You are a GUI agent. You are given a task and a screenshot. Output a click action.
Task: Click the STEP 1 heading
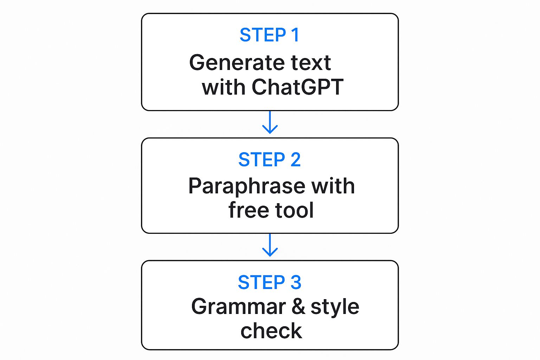pyautogui.click(x=269, y=35)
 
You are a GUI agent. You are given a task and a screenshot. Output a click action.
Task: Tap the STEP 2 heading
pyautogui.click(x=269, y=160)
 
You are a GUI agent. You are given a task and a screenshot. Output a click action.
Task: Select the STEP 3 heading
pyautogui.click(x=269, y=283)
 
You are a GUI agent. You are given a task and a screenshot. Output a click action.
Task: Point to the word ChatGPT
pyautogui.click(x=297, y=87)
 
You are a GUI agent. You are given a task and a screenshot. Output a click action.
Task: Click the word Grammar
pyautogui.click(x=238, y=307)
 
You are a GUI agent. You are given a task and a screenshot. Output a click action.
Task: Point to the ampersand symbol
pyautogui.click(x=298, y=307)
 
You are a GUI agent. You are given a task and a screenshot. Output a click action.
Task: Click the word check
pyautogui.click(x=271, y=331)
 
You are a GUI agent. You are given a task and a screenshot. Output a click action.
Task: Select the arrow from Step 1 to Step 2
pyautogui.click(x=270, y=123)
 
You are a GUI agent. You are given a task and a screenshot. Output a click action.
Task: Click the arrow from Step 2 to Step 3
pyautogui.click(x=270, y=245)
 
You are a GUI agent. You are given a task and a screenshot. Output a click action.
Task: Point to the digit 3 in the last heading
pyautogui.click(x=296, y=283)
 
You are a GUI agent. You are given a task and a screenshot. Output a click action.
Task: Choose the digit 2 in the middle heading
pyautogui.click(x=296, y=160)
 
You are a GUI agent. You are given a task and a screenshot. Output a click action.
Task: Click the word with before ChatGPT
pyautogui.click(x=223, y=87)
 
